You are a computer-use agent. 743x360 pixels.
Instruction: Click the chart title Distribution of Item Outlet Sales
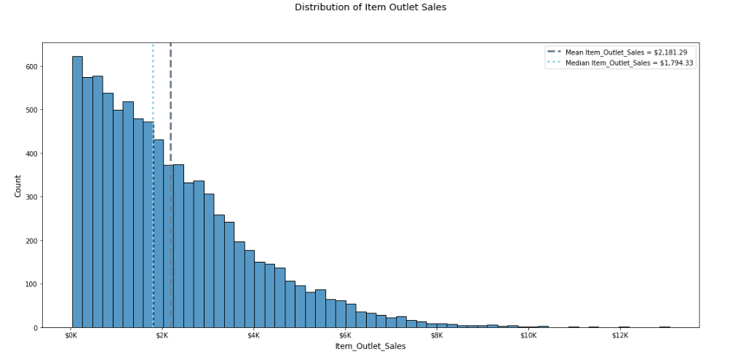point(370,7)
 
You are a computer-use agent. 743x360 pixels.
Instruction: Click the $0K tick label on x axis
point(71,336)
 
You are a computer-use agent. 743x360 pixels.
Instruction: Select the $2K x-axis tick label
point(162,336)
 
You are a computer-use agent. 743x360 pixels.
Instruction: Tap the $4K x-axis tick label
point(254,336)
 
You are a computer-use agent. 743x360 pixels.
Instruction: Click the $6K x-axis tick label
point(345,336)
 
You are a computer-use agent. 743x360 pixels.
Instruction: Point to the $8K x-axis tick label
point(437,336)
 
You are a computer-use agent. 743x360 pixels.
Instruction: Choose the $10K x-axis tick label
point(528,336)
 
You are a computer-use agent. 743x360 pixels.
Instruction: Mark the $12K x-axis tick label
point(619,336)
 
